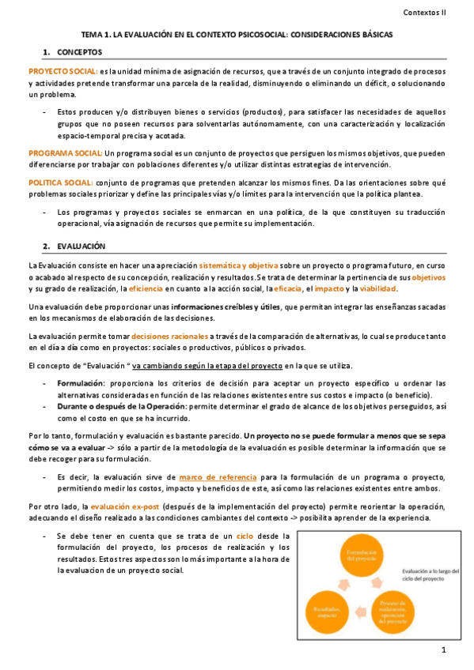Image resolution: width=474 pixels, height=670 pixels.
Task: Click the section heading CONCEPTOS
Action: pyautogui.click(x=80, y=52)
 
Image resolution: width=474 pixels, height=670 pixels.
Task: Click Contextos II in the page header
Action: pyautogui.click(x=425, y=13)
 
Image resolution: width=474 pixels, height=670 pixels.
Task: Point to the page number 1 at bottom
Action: pyautogui.click(x=445, y=649)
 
